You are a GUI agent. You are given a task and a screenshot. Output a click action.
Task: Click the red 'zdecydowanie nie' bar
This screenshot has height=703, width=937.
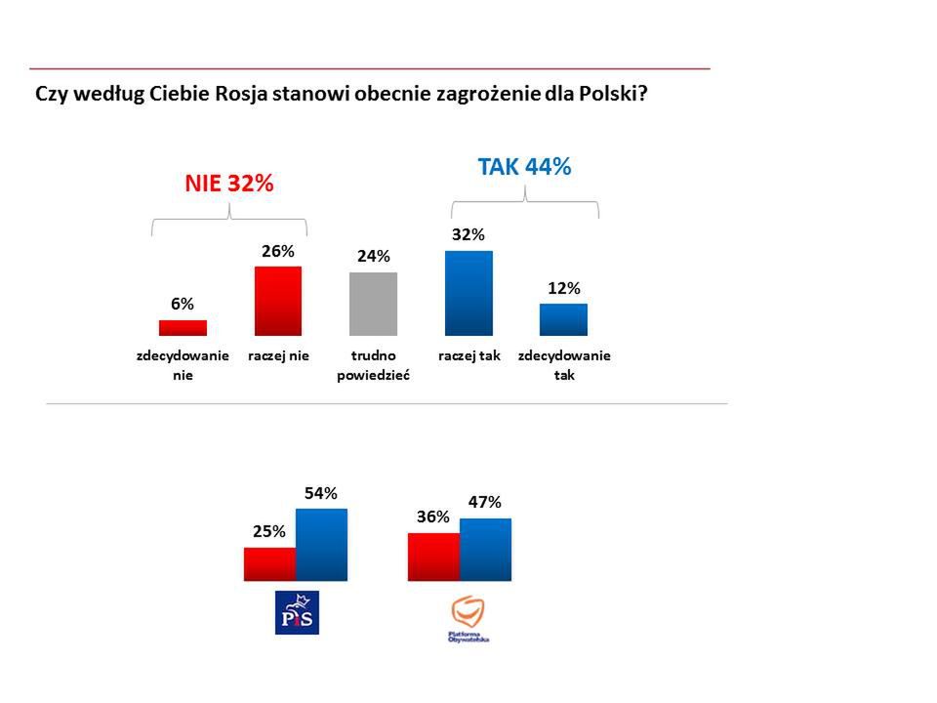183,328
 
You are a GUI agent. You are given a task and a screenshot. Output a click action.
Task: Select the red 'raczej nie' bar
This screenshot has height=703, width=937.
277,301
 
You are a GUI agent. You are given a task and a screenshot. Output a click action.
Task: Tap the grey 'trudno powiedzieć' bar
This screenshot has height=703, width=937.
373,304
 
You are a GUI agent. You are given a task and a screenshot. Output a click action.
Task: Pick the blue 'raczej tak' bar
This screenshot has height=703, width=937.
468,293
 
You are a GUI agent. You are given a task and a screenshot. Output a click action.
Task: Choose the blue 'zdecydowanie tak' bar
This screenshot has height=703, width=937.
563,319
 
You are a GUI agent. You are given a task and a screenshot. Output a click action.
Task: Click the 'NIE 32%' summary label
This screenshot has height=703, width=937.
229,184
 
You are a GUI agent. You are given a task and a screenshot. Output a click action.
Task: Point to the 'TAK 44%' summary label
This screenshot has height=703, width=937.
524,166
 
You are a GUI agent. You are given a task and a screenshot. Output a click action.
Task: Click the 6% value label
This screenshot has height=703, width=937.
183,304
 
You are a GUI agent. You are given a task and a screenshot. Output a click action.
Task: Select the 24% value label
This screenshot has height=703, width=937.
373,257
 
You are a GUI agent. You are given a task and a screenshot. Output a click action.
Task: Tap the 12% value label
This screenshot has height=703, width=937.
564,288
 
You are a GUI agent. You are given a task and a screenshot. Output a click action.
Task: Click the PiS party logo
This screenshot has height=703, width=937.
298,612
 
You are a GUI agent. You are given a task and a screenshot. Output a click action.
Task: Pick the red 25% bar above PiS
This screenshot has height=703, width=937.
269,563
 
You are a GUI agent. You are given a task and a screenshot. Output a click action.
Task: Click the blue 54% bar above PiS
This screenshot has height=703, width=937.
321,545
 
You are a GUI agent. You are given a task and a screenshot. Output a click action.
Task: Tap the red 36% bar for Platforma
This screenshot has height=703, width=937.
433,557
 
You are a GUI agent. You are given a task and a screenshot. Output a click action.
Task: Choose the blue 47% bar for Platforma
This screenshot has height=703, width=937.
485,550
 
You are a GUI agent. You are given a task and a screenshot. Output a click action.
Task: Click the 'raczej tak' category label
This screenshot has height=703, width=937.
468,356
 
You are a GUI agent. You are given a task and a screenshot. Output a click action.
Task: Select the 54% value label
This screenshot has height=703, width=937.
321,494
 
